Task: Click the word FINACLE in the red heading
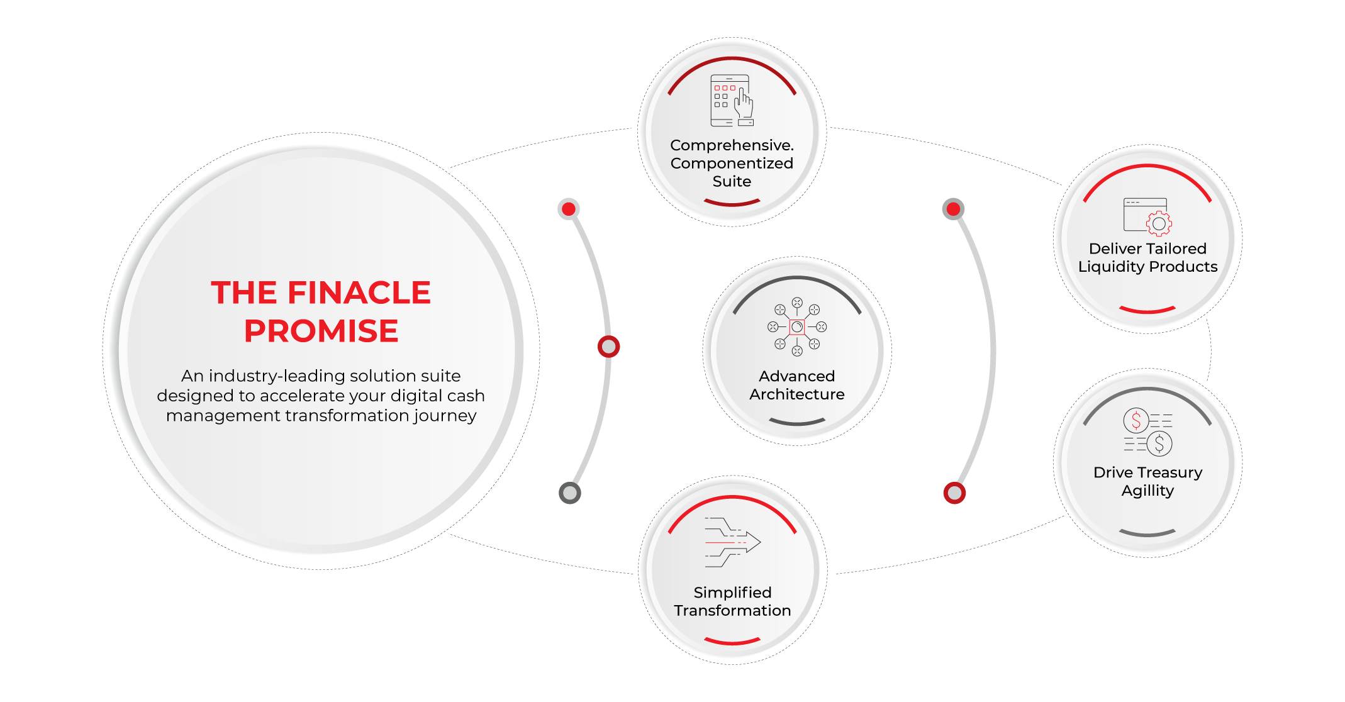[x=359, y=292]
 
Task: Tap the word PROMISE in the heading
[x=321, y=331]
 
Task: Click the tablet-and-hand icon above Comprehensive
[x=732, y=101]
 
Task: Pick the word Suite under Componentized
[x=732, y=182]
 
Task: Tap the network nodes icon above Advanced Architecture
[x=796, y=327]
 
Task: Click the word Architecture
[x=796, y=394]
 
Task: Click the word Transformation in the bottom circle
[x=732, y=611]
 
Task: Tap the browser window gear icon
[x=1147, y=216]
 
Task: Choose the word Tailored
[x=1171, y=248]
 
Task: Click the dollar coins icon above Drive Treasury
[x=1147, y=432]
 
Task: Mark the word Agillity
[x=1147, y=491]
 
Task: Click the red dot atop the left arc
[x=569, y=209]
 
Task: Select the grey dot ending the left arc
[x=570, y=493]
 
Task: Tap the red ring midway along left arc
[x=608, y=347]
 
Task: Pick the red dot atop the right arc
[x=953, y=209]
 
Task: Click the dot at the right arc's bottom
[x=954, y=493]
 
